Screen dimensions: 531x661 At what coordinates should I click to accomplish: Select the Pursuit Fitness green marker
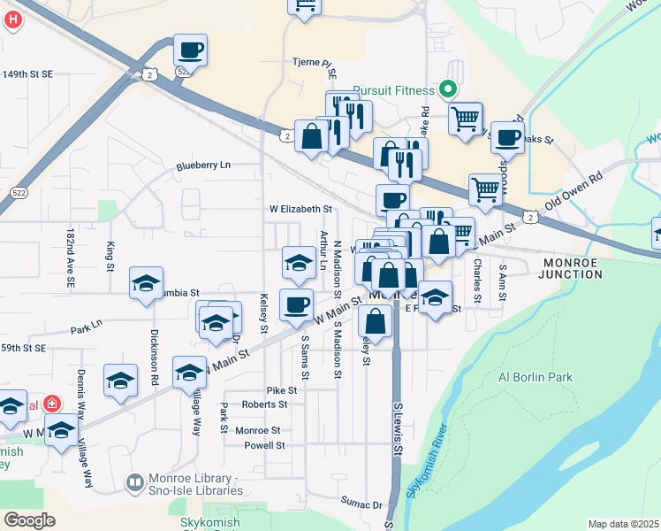tap(448, 90)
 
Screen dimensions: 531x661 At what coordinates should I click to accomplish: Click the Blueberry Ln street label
tap(203, 165)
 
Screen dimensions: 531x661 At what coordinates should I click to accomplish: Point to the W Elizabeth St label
tap(300, 210)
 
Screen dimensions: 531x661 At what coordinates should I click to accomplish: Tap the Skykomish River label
tap(425, 464)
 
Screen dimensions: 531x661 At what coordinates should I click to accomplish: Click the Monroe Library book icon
tap(134, 483)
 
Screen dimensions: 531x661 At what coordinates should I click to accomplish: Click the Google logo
tap(29, 520)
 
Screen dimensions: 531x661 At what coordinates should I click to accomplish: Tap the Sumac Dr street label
tap(364, 504)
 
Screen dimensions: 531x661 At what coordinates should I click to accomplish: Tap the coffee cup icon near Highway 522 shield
tap(191, 50)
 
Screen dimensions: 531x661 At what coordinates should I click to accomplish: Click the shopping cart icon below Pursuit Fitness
tap(466, 118)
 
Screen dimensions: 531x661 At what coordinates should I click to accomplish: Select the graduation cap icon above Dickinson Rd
tap(146, 283)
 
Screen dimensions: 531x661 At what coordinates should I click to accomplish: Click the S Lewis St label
tap(398, 429)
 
